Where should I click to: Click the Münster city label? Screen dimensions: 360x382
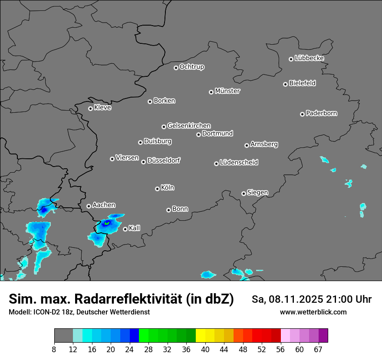(x=227, y=91)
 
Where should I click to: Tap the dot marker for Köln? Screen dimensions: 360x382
(x=157, y=189)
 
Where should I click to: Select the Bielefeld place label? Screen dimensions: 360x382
(x=302, y=83)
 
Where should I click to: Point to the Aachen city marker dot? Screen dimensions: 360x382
(x=89, y=206)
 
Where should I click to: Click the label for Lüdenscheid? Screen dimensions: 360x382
(x=239, y=163)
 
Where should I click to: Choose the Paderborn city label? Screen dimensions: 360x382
(x=321, y=113)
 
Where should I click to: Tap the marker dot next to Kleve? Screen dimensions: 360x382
(x=90, y=108)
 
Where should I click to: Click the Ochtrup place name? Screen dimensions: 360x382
(x=191, y=67)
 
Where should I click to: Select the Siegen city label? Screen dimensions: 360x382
(x=257, y=193)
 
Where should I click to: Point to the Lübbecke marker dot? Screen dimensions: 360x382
(x=291, y=59)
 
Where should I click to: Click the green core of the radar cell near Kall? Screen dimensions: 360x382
(x=106, y=223)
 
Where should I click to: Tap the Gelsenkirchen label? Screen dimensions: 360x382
(x=189, y=126)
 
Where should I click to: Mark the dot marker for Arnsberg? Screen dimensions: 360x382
(x=247, y=145)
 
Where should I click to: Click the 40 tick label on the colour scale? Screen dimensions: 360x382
(x=205, y=349)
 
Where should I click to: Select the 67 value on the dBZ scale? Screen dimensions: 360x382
(x=318, y=349)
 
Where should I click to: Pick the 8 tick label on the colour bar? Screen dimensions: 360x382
(x=54, y=349)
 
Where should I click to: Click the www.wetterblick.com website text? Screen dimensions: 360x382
(x=313, y=312)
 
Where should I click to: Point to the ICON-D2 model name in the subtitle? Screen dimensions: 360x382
(x=45, y=312)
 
